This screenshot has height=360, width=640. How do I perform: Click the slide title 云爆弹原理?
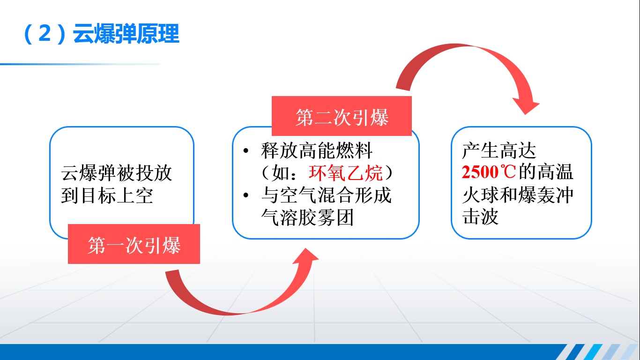click(127, 34)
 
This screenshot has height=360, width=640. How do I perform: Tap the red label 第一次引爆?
click(134, 245)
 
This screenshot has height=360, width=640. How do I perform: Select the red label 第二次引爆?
click(342, 117)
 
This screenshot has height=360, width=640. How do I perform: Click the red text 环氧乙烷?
click(346, 173)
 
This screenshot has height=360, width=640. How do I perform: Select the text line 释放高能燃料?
click(317, 151)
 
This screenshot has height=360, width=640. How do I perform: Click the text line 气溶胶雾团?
click(307, 218)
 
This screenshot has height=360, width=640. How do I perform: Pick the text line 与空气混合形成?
click(326, 195)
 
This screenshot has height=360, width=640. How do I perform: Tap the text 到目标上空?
click(107, 195)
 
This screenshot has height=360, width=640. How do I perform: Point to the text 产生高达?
click(499, 150)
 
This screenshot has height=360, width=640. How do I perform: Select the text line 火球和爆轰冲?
click(518, 195)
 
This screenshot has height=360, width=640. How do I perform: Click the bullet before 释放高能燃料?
click(246, 151)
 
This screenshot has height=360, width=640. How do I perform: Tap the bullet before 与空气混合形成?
click(246, 196)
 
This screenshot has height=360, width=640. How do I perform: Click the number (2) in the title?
click(44, 34)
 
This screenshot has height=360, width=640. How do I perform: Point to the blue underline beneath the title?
click(80, 64)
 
